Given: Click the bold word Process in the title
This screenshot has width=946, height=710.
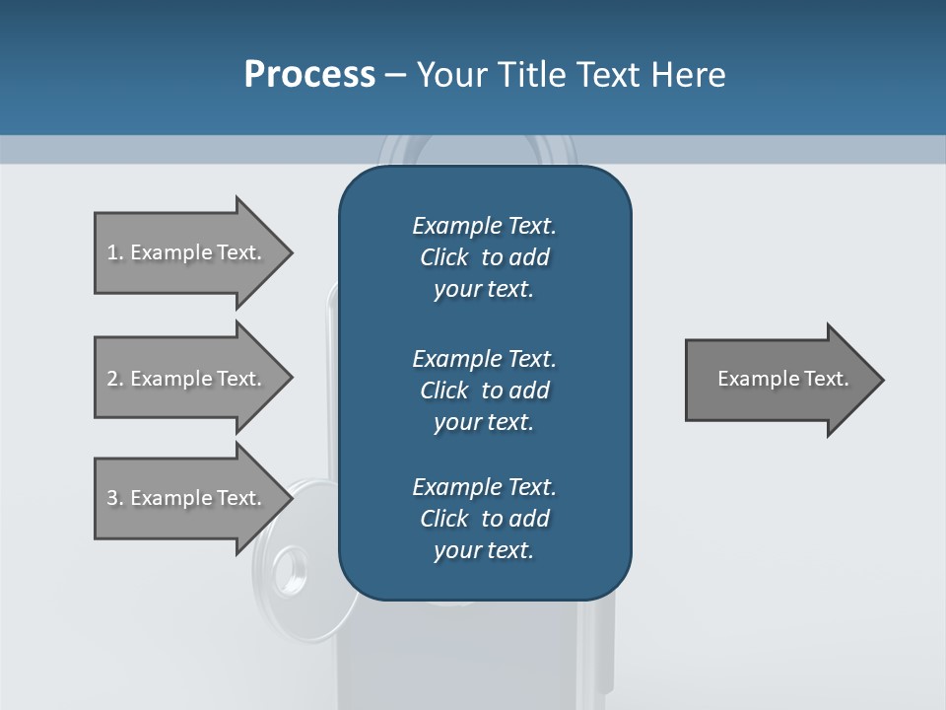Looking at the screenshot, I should pos(309,75).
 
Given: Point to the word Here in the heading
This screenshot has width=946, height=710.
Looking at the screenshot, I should pos(688,75).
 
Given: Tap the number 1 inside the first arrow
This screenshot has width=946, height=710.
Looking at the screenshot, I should pos(111,252).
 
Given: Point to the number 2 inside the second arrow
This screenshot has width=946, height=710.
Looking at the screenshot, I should pos(111,379).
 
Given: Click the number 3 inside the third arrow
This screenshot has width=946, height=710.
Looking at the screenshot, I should pos(111,498).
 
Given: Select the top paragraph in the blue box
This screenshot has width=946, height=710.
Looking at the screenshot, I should pos(484,257).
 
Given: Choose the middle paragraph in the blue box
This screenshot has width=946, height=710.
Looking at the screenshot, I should pos(484,390).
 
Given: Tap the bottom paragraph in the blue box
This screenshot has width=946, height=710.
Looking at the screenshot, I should pos(484,519).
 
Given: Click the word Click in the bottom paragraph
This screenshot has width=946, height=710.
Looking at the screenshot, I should pos(444,519).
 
